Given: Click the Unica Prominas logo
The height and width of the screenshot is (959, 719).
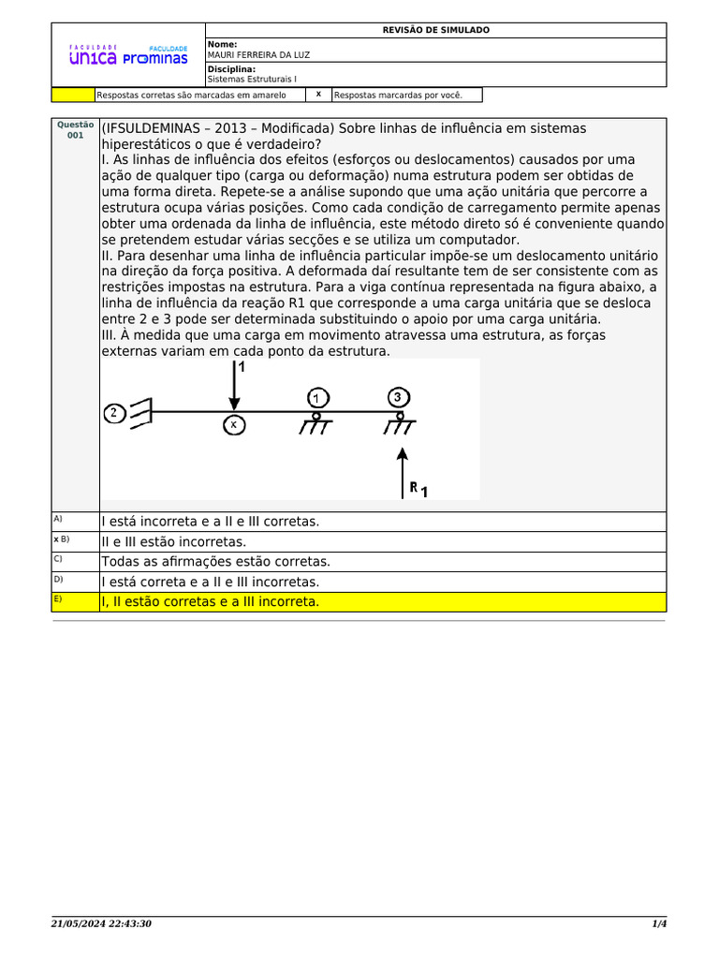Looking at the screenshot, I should point(128,55).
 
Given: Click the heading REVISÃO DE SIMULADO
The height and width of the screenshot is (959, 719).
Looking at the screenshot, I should point(435,30).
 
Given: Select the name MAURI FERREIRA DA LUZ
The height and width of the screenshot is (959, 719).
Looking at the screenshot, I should point(258,54).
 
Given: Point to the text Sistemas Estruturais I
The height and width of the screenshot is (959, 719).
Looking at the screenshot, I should point(251,80).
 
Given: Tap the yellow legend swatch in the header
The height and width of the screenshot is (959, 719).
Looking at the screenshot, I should point(73,95).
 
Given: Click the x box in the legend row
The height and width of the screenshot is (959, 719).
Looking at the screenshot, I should point(318,95).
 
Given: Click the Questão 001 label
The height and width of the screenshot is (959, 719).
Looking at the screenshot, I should point(76,129).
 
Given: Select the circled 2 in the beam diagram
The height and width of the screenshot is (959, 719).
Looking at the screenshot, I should point(114,412).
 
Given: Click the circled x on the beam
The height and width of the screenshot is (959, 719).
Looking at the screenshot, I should point(234,425).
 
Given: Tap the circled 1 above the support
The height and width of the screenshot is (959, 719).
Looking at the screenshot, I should point(316,397).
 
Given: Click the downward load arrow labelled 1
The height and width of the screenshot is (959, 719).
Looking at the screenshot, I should point(233,389).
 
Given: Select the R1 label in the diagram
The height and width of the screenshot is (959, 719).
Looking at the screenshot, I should point(418,489).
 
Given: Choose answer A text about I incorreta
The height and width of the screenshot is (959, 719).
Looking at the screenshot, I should point(211,522).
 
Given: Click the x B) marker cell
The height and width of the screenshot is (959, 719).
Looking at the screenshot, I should point(76,541).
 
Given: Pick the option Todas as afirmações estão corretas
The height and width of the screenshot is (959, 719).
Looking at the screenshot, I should point(216,562).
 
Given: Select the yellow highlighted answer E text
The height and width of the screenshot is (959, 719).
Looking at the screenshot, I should point(211,601).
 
